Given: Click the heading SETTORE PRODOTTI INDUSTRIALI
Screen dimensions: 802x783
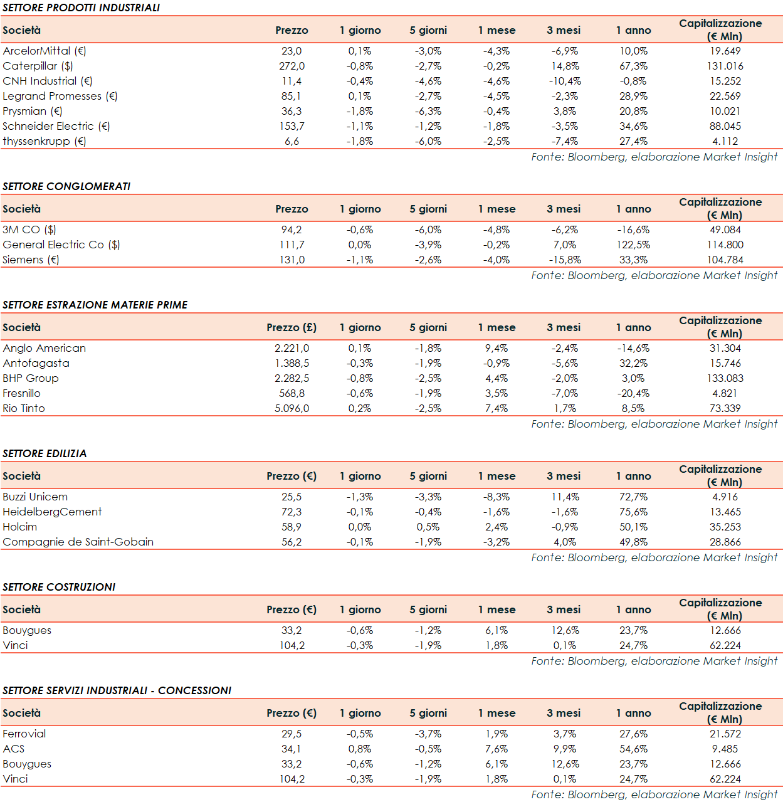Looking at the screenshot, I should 81,8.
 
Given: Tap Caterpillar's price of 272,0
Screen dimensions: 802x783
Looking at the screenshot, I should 292,66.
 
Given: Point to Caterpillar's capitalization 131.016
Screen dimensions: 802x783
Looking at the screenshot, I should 725,66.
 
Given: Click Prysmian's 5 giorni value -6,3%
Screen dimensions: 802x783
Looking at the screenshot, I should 428,111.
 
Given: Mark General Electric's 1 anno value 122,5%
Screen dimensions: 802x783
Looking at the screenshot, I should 633,245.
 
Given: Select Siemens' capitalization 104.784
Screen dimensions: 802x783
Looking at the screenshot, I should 725,260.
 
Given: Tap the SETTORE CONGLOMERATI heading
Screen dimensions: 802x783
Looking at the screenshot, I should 66,186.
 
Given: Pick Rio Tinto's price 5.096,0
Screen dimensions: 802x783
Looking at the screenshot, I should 292,408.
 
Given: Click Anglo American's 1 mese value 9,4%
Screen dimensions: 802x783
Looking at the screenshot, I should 496,348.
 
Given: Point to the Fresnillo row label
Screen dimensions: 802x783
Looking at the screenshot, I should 21,393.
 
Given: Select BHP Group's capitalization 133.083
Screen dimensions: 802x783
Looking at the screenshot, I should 725,378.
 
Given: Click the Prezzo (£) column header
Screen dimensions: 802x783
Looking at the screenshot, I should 292,327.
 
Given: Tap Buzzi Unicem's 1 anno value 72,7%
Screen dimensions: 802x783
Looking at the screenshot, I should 633,497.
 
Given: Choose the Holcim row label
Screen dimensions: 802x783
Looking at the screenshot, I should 19,527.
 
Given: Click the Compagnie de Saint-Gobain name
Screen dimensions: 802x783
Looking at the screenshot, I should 78,542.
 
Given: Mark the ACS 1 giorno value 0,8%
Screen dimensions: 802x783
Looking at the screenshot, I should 360,749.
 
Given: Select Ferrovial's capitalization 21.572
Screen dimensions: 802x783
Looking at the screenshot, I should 725,734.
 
